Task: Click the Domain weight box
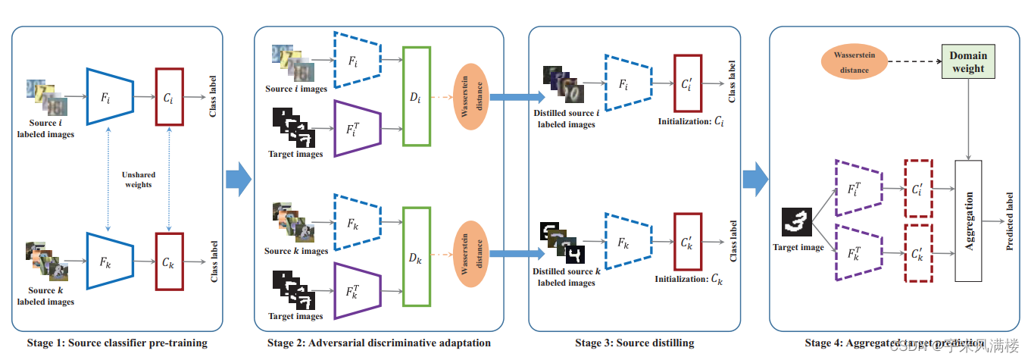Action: pyautogui.click(x=968, y=62)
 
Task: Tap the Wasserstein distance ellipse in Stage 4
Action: pyautogui.click(x=854, y=62)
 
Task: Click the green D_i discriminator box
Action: pyautogui.click(x=417, y=96)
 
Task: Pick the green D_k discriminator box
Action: pyautogui.click(x=417, y=257)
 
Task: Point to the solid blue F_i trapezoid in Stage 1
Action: pyautogui.click(x=110, y=96)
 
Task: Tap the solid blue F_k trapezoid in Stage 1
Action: pyautogui.click(x=110, y=261)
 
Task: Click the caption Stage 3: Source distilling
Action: pyautogui.click(x=634, y=343)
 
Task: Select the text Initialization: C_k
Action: pyautogui.click(x=689, y=279)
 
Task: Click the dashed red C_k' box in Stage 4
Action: pyautogui.click(x=918, y=252)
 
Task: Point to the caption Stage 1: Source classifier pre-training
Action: pyautogui.click(x=117, y=343)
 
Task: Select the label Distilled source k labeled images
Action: pyautogui.click(x=564, y=277)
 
